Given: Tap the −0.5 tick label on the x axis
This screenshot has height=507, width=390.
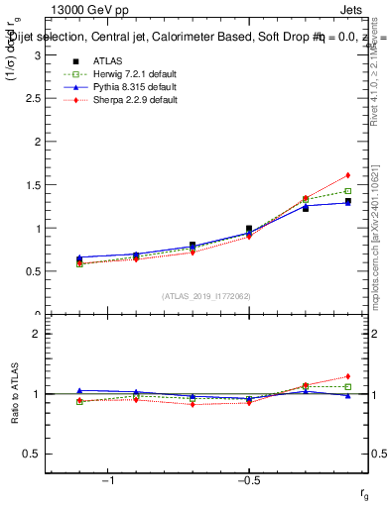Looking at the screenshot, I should pyautogui.click(x=248, y=480).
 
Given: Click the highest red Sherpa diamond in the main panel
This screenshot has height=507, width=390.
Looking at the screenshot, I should pyautogui.click(x=348, y=175).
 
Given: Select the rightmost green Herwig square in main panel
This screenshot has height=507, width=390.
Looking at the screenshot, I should pyautogui.click(x=348, y=191).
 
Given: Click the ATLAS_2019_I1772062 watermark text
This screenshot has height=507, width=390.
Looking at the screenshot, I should pyautogui.click(x=205, y=295).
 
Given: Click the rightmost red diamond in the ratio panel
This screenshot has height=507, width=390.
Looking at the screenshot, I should pyautogui.click(x=348, y=376).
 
